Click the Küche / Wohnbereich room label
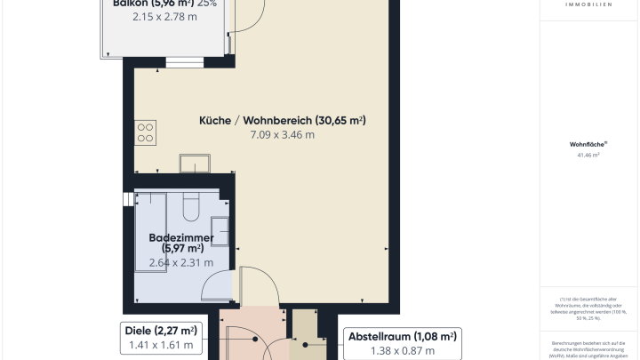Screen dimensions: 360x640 pyautogui.click(x=283, y=120)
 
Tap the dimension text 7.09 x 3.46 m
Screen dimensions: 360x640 pyautogui.click(x=283, y=136)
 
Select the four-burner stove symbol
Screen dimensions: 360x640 pyautogui.click(x=146, y=133)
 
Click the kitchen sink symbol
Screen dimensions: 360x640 pyautogui.click(x=194, y=163)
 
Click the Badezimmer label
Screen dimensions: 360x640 pyautogui.click(x=176, y=242)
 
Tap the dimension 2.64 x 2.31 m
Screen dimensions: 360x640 pyautogui.click(x=180, y=262)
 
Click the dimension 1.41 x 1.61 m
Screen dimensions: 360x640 pyautogui.click(x=162, y=346)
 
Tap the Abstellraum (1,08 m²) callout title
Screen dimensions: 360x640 pyautogui.click(x=402, y=336)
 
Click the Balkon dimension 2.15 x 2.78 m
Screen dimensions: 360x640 pyautogui.click(x=164, y=16)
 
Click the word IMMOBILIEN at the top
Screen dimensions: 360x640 pyautogui.click(x=588, y=4)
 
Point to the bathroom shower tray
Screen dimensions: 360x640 pyautogui.click(x=153, y=212)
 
